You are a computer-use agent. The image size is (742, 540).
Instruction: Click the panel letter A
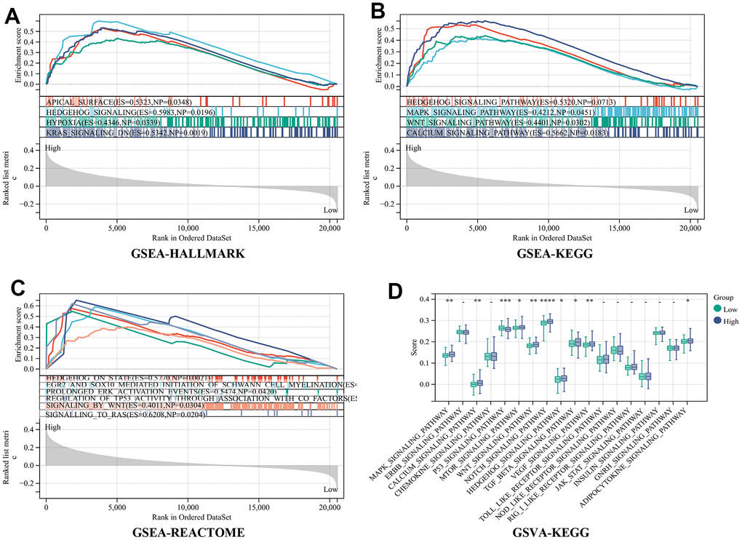coord(12,17)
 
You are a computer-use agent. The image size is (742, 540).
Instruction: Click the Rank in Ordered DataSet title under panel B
coord(551,237)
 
